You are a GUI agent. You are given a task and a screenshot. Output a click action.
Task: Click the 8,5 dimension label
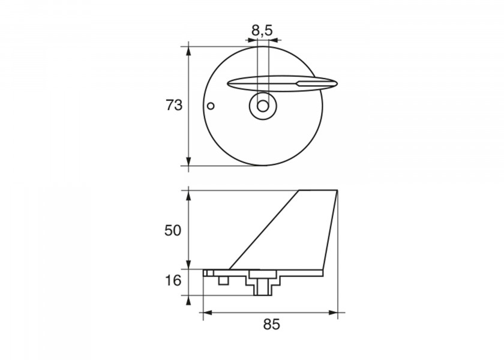[262, 31]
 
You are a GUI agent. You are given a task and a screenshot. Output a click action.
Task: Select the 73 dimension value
[174, 105]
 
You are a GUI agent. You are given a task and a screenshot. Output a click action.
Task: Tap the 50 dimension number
[173, 230]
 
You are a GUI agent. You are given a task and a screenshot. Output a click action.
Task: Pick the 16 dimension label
[173, 281]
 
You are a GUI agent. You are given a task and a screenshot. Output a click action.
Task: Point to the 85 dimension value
[272, 325]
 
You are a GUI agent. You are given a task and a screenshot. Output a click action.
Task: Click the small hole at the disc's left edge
[211, 106]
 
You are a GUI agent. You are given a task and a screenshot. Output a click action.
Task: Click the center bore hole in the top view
[263, 106]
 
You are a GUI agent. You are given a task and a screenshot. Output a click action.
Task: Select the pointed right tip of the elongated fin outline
[337, 84]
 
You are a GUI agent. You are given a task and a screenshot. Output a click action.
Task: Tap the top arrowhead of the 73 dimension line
[188, 51]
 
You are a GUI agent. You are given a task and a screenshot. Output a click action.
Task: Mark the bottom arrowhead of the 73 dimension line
[188, 161]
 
